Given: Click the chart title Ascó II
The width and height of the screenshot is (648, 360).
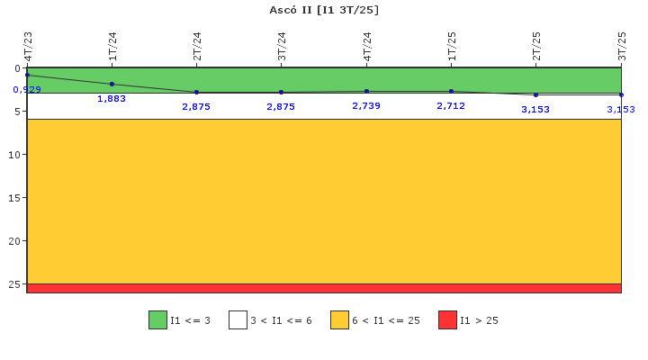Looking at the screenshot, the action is point(291,10).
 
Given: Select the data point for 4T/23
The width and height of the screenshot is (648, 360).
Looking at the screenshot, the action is point(28,76).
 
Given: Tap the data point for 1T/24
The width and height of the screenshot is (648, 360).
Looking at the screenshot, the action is point(112,85).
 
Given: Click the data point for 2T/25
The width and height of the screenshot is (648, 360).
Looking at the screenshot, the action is point(536,95).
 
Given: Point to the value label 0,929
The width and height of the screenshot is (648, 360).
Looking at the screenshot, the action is point(27,90).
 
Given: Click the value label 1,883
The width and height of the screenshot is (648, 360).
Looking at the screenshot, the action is point(112,98).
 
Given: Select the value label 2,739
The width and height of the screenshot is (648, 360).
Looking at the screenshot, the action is point(366,106).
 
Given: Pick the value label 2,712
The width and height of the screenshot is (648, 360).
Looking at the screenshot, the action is point(451,106).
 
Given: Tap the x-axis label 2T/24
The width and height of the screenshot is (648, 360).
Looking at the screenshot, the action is point(197,46).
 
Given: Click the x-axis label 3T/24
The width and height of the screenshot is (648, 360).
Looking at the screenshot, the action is point(282,46).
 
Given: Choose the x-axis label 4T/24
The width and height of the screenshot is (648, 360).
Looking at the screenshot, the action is point(367,46).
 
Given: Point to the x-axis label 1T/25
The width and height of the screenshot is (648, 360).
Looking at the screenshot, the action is point(452,46).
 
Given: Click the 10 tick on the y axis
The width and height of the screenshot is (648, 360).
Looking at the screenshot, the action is point(14,155).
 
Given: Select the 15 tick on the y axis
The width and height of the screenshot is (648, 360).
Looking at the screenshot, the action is point(14,198).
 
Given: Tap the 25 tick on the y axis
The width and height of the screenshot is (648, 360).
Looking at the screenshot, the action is point(14,284).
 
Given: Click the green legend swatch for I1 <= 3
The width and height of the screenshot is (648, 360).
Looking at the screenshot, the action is point(157,319).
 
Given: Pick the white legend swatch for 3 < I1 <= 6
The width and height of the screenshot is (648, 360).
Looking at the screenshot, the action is point(238,319).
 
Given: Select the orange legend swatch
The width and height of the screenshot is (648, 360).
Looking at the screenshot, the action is point(339,319).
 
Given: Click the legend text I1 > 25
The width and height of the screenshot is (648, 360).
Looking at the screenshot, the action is point(479,320).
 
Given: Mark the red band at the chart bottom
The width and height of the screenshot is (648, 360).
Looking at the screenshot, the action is point(324,289).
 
